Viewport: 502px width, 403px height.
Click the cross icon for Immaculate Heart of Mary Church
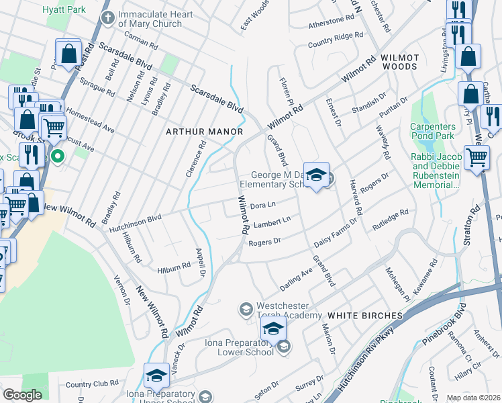tap(107, 16)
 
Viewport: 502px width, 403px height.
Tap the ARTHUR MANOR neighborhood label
tap(205, 132)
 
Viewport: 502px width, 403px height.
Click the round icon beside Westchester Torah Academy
tap(246, 309)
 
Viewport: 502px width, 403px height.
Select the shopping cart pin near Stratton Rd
tap(476, 159)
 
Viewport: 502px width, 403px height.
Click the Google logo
tap(22, 395)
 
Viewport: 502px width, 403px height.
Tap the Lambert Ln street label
tap(272, 222)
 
